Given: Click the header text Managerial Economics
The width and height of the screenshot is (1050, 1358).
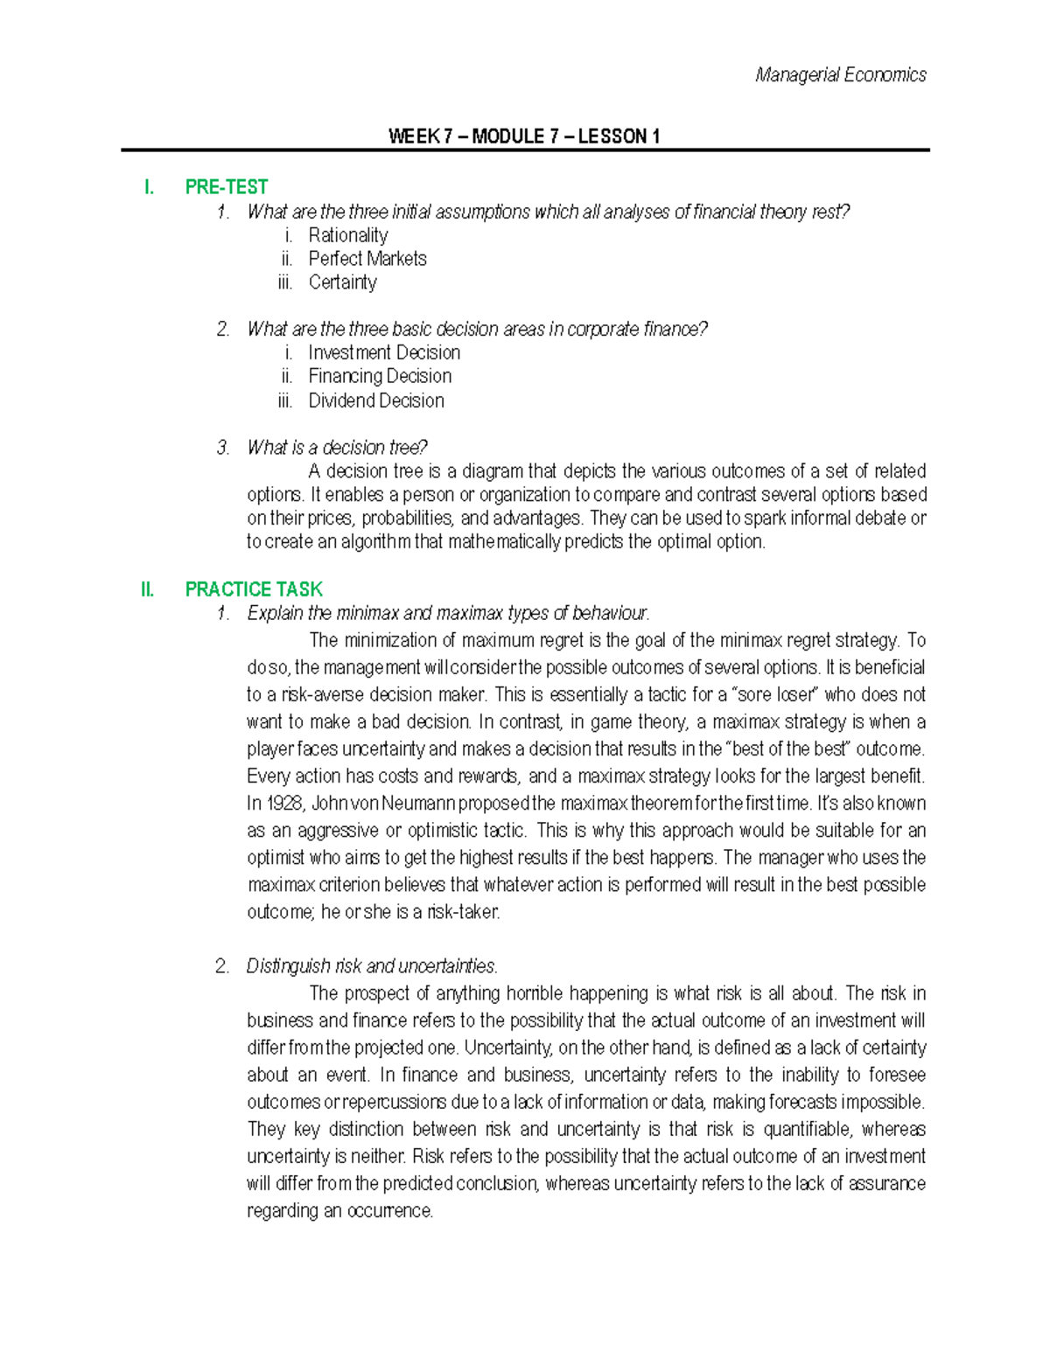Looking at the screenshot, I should coord(840,75).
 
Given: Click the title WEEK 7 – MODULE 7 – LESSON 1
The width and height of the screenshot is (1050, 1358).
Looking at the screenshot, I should coord(524,136).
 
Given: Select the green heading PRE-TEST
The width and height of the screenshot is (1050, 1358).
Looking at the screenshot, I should coord(227,187).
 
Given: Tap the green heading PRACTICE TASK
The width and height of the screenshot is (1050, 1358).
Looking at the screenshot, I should coord(254,589).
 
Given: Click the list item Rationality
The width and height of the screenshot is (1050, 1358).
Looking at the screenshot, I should coord(347,235).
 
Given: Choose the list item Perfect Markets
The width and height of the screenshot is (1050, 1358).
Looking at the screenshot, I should coord(367,259).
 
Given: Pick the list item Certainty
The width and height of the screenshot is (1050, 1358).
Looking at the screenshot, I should coord(342,282).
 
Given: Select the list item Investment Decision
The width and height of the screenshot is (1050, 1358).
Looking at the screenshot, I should coord(384,352).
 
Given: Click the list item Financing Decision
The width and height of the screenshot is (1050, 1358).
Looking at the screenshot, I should coord(380,376).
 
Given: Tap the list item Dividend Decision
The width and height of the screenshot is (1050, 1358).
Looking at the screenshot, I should coord(376,400).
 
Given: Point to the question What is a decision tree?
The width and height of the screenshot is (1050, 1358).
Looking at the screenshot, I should coord(337,448).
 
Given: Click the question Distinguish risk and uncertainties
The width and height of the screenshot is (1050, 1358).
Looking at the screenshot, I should coord(372,966).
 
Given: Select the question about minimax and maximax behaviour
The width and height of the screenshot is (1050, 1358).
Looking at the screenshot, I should coord(448,613).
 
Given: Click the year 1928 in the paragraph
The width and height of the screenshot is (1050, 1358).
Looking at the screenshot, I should coord(276,804).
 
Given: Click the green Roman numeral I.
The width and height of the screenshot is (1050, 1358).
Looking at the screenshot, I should coord(149,187).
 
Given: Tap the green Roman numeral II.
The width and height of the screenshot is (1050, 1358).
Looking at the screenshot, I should coord(147,589).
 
